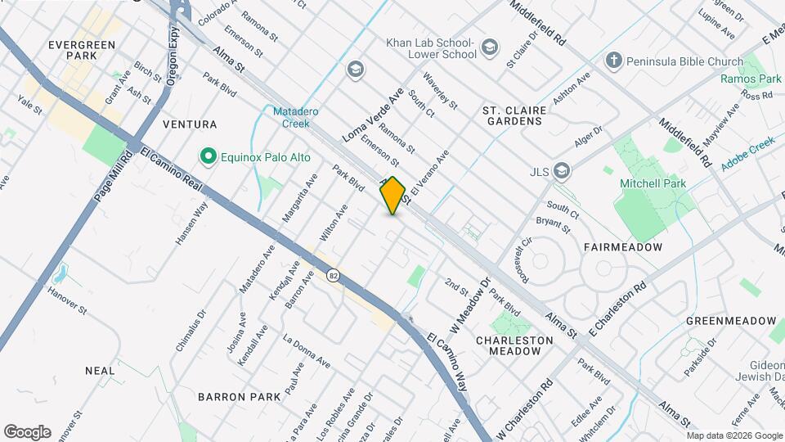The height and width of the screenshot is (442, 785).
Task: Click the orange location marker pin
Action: tap(393, 195)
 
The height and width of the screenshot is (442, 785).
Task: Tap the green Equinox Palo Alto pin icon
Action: tap(208, 155)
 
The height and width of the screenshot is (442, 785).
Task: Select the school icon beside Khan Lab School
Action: tap(489, 47)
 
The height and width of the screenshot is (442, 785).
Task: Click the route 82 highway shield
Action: tap(333, 276)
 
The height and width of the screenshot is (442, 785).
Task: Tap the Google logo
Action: tap(27, 431)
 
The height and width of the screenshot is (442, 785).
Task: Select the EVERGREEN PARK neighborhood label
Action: tap(83, 49)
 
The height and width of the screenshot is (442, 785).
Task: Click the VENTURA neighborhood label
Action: tap(190, 124)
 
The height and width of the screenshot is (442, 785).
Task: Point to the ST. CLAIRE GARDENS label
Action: tap(512, 115)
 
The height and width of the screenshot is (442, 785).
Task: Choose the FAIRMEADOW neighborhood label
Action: tap(622, 246)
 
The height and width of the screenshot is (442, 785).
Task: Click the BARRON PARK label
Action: tap(239, 396)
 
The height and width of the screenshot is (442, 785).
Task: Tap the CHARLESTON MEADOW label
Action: tap(508, 345)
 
